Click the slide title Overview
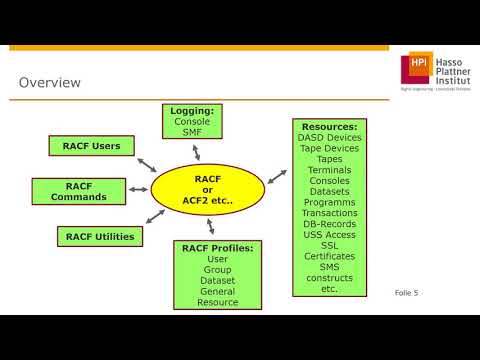[x=50, y=82]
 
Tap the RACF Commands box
[x=78, y=191]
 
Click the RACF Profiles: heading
[x=216, y=247]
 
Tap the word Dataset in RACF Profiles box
[x=216, y=280]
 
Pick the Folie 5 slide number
[x=407, y=293]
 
